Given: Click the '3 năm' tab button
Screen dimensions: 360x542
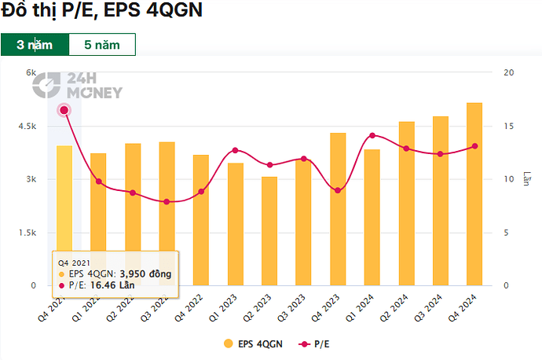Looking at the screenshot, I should point(35,44).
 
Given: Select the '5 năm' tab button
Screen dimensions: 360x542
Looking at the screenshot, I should point(102,44).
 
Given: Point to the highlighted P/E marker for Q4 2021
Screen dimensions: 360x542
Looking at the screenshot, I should point(64,110).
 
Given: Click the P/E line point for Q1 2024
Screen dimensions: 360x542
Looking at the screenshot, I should point(372,135).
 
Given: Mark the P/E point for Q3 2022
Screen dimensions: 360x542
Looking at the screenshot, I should point(167,202).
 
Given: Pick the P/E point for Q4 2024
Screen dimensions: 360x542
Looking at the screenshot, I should point(474,146).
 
